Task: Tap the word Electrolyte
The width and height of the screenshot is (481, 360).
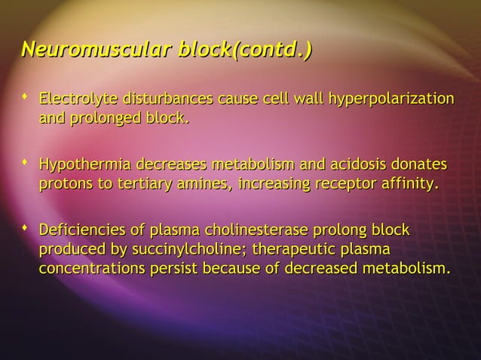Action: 75,99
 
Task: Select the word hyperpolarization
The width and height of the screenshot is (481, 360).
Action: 390,99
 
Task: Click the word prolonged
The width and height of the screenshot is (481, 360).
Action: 104,119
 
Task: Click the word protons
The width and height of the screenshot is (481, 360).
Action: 63,185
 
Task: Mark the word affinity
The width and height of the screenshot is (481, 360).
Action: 408,185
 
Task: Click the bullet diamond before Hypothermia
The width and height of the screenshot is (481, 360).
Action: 26,162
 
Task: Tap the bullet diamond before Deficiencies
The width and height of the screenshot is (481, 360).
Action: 26,227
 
